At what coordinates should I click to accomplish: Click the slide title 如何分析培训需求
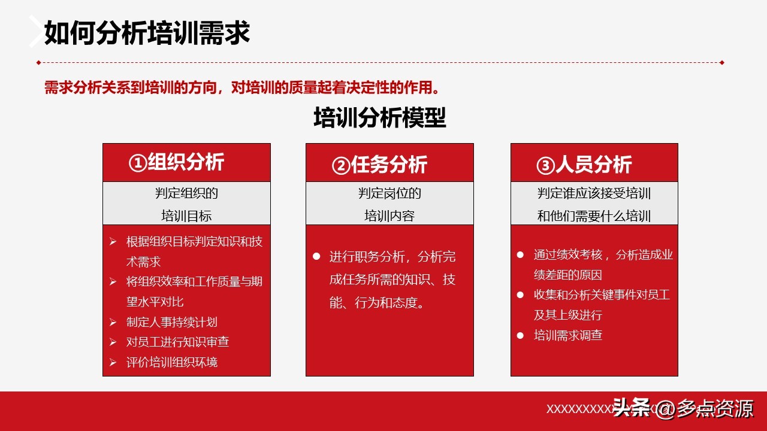coord(147,34)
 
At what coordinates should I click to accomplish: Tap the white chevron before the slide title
coord(37,31)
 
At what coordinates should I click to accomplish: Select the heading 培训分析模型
coord(380,118)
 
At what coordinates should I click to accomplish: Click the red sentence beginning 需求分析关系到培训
coord(243,88)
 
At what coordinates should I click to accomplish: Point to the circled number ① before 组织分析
coord(137,163)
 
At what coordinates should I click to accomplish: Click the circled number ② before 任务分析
coord(341,166)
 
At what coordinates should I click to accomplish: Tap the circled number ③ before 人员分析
coord(545,166)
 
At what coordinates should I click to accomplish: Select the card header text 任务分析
coord(389,165)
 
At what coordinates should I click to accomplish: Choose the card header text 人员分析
coord(593,165)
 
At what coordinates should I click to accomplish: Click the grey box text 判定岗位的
coord(389,193)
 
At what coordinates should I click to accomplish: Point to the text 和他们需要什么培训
coord(594,216)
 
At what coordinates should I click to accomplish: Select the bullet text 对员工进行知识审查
coord(177,342)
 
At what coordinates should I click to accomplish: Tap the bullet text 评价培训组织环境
coord(171,362)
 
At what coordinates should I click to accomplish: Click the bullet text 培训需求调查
coord(567,335)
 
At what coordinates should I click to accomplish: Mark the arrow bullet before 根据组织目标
coord(113,242)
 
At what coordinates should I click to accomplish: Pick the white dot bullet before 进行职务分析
coord(316,256)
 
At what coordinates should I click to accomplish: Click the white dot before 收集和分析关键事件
coord(520,295)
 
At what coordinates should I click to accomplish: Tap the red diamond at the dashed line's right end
coord(722,62)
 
